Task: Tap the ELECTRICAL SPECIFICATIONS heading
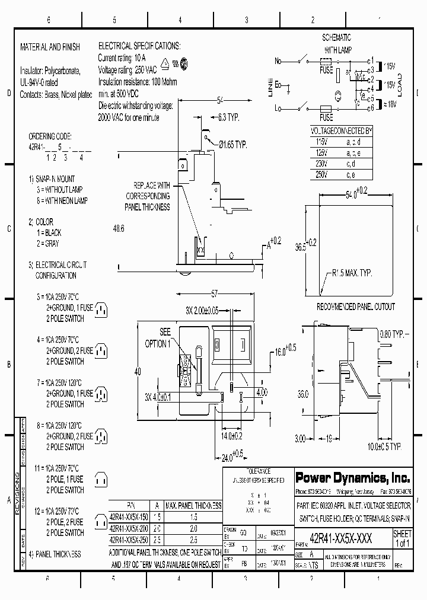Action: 139,46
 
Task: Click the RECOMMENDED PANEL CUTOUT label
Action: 356,307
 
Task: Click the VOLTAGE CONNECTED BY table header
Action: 342,130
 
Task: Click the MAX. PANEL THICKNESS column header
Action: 193,506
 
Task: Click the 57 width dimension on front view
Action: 216,293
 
